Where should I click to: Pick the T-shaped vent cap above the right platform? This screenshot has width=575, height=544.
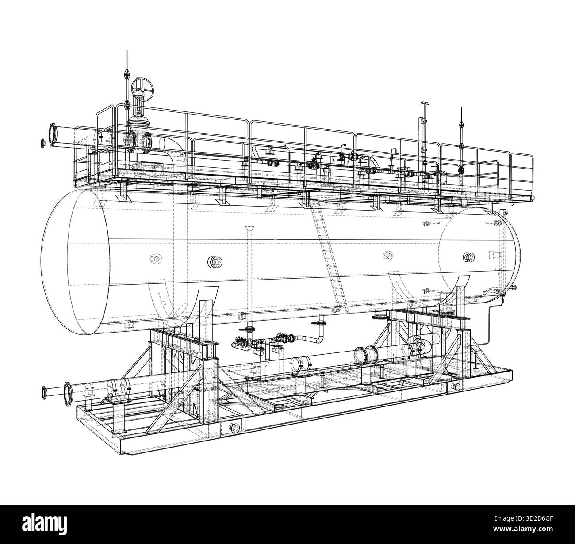pos(425,104)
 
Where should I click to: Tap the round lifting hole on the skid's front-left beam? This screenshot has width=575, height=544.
pos(235,427)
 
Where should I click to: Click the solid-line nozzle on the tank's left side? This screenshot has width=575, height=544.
pos(214,262)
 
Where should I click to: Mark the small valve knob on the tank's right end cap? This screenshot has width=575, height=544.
pos(514,289)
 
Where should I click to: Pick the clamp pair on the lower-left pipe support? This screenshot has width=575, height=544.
pos(118,386)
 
